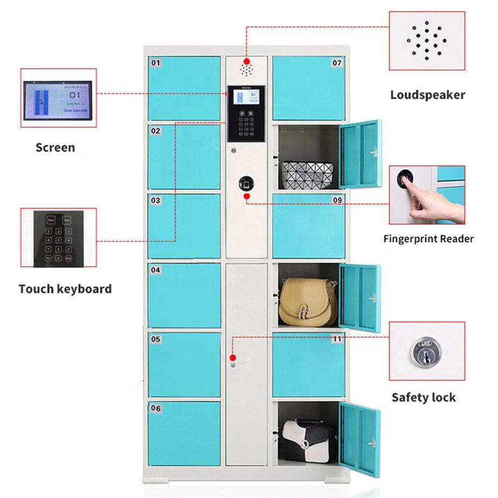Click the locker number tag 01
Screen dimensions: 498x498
[156, 63]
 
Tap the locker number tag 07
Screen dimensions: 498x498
[337, 63]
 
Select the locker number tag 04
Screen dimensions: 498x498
[156, 269]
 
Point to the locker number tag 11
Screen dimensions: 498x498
[337, 339]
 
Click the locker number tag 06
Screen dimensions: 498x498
[156, 408]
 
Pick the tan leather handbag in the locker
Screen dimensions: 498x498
[307, 303]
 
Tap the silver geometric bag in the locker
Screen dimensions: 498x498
[306, 174]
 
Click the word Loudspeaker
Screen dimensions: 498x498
[428, 95]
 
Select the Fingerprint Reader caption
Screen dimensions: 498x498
[428, 239]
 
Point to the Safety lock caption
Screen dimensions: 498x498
[424, 398]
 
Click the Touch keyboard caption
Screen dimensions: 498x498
[65, 289]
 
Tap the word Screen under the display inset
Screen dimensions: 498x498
[55, 147]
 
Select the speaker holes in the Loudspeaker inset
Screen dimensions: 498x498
[427, 41]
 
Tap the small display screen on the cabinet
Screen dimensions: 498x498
[246, 98]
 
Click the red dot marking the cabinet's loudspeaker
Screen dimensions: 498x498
[246, 61]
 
